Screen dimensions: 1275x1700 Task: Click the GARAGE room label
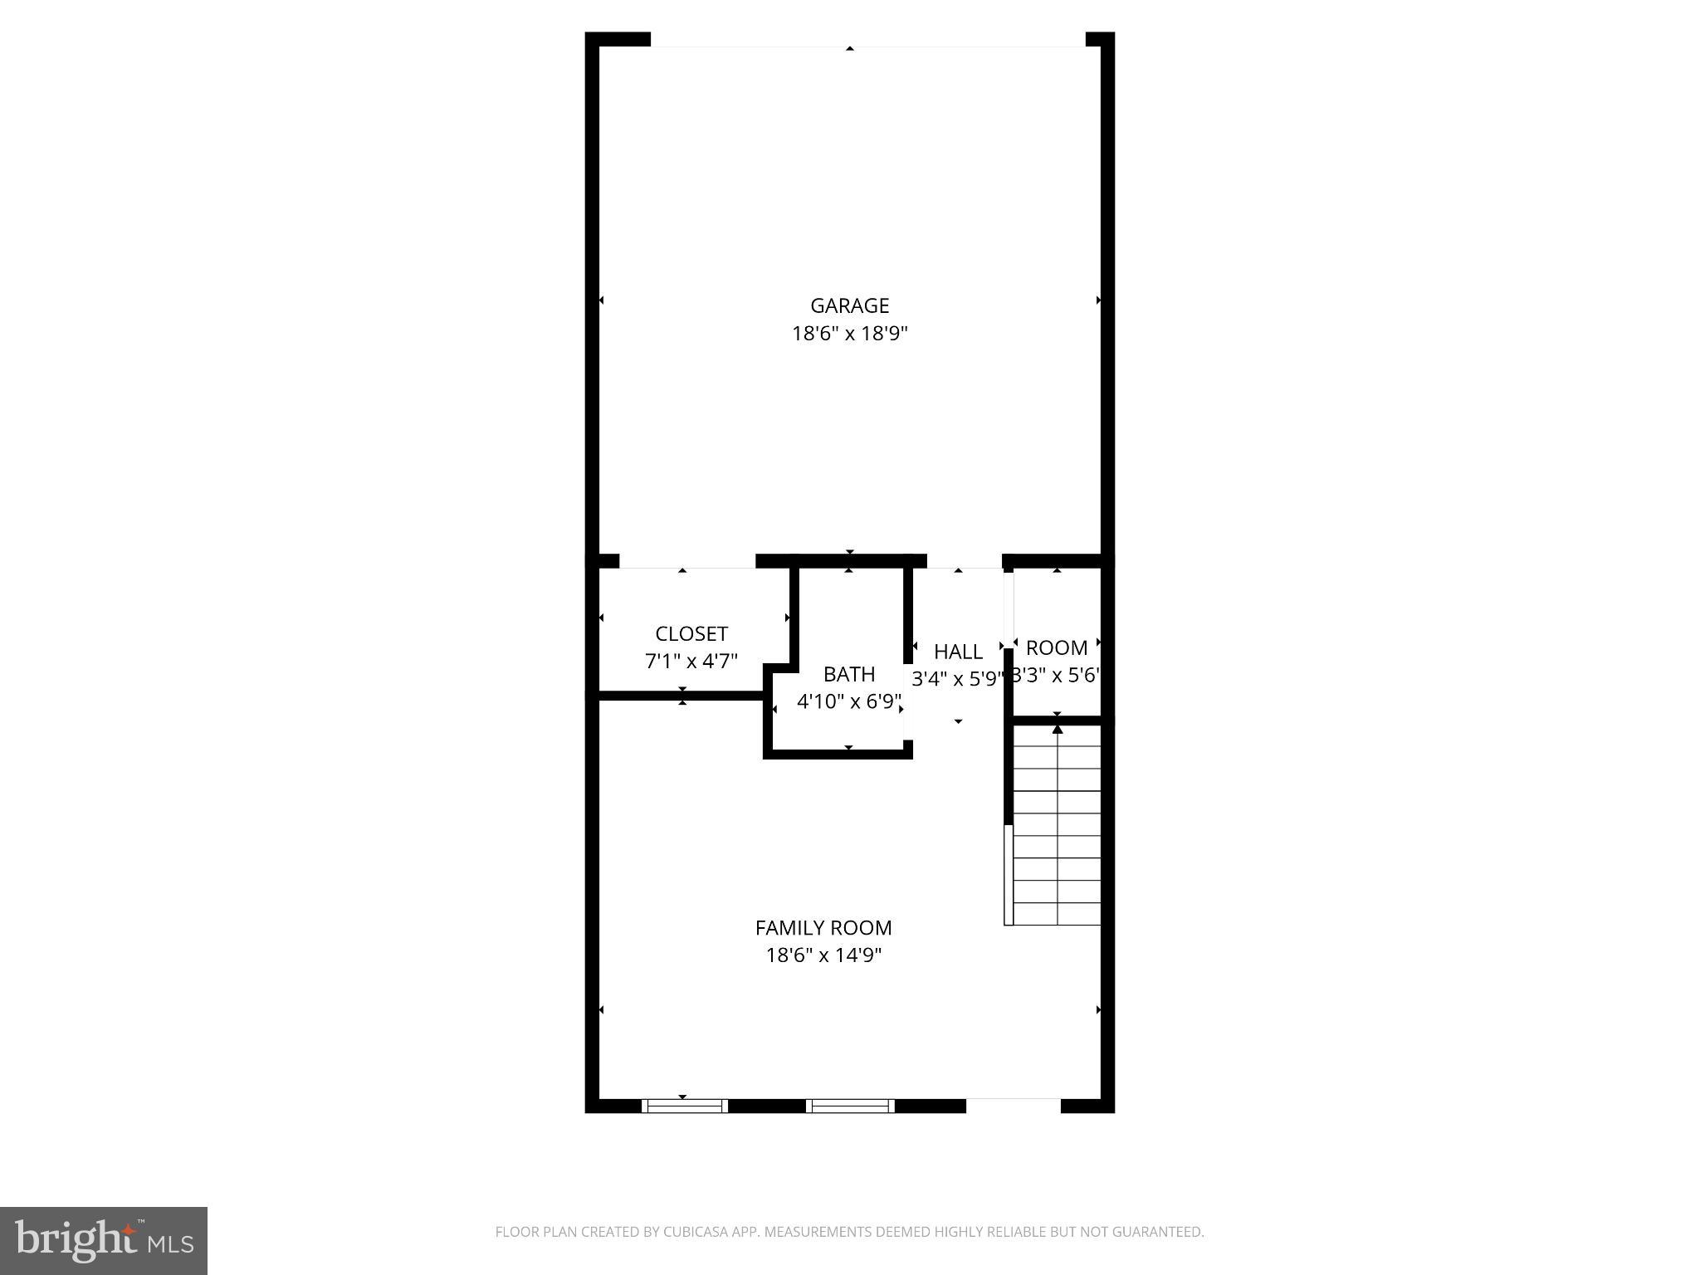[849, 305]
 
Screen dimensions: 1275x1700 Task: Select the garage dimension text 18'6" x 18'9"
[849, 334]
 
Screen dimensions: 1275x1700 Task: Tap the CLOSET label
[691, 634]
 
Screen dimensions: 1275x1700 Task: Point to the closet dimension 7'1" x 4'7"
[691, 662]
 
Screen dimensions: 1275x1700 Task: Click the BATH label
[848, 674]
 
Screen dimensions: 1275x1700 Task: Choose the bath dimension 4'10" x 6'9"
[848, 702]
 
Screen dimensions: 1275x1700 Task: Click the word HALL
[958, 652]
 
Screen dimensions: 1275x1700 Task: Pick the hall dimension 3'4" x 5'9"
[958, 679]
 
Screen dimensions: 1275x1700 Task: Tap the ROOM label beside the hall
[1056, 647]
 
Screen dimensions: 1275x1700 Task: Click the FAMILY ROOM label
[823, 927]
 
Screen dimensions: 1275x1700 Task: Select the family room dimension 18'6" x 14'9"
[823, 955]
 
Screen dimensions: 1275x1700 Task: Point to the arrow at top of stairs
[1057, 730]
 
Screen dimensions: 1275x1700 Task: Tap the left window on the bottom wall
[684, 1106]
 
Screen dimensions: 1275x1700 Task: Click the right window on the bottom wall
[849, 1106]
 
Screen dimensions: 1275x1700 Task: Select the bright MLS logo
[103, 1240]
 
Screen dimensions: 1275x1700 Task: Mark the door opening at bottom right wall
[1013, 1106]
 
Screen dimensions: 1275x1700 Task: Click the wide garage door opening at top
[867, 40]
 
